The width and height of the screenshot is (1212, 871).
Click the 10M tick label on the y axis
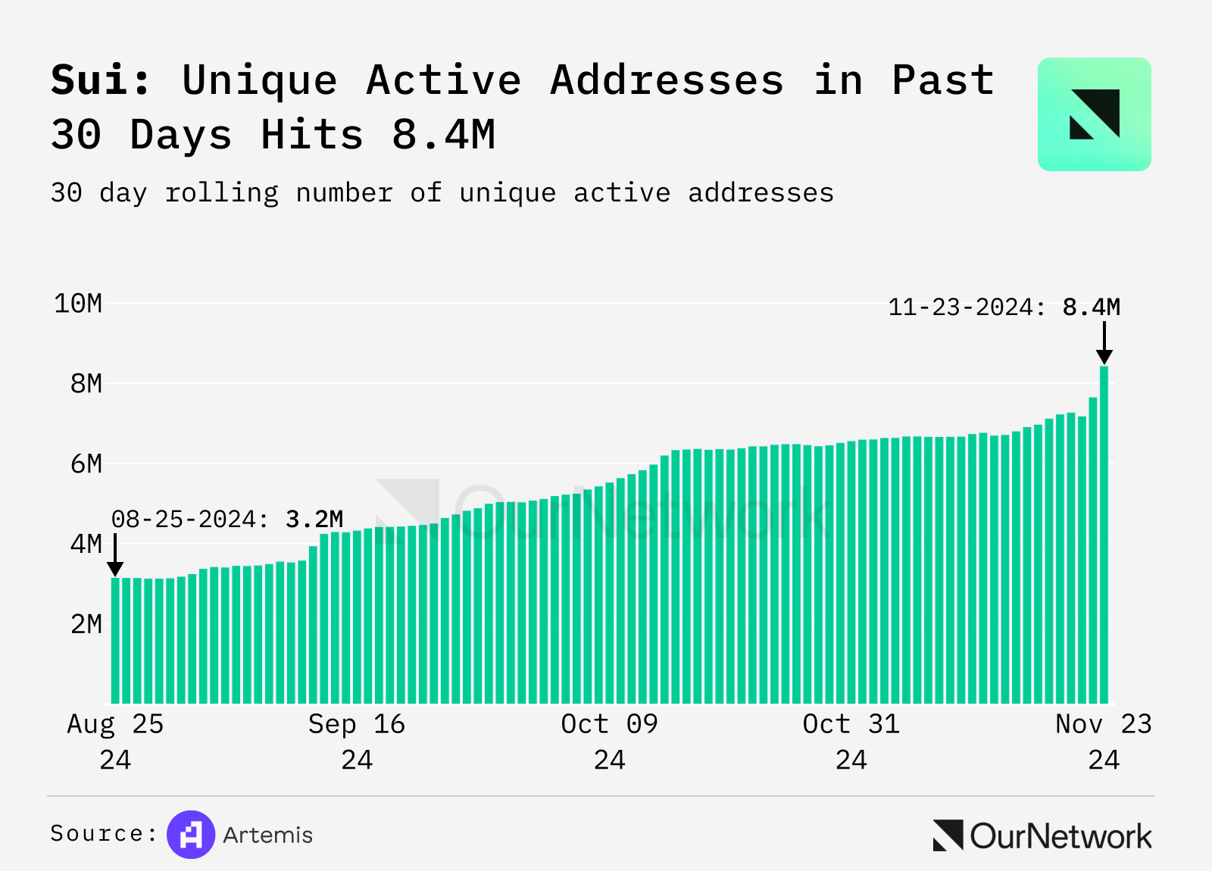tap(78, 304)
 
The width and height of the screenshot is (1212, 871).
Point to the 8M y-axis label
tap(86, 384)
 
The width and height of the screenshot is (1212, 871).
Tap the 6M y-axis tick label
tap(86, 464)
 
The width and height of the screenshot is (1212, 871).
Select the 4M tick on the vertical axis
tap(86, 544)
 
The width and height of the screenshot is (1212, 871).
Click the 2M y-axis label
tap(86, 624)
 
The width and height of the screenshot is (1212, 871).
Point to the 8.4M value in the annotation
tap(1091, 308)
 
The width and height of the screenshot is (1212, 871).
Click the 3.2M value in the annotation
tap(314, 520)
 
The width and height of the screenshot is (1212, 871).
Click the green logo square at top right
tap(1094, 114)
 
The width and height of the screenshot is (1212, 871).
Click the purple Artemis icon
tap(191, 835)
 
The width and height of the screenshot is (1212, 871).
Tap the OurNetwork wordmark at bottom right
tap(1060, 836)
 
